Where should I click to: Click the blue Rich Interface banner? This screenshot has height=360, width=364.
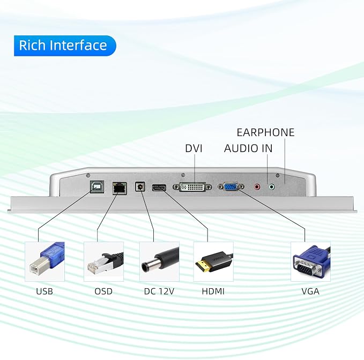pyautogui.click(x=65, y=46)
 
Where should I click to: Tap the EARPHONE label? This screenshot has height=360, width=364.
pyautogui.click(x=265, y=132)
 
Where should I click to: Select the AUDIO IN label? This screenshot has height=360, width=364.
pyautogui.click(x=248, y=148)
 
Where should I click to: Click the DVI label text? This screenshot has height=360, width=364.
pyautogui.click(x=194, y=148)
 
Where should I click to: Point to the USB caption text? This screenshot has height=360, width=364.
pyautogui.click(x=44, y=291)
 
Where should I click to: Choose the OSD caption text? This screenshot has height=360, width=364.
pyautogui.click(x=103, y=291)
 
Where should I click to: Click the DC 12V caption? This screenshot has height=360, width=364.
pyautogui.click(x=159, y=291)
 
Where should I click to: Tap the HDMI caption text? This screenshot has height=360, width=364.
pyautogui.click(x=213, y=291)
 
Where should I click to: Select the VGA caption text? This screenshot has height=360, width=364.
pyautogui.click(x=310, y=291)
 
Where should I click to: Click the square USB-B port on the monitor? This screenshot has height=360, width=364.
pyautogui.click(x=97, y=187)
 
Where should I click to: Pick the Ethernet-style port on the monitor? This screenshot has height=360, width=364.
pyautogui.click(x=120, y=188)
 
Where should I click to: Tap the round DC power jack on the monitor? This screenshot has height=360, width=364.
pyautogui.click(x=140, y=187)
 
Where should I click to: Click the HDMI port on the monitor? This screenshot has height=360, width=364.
pyautogui.click(x=159, y=187)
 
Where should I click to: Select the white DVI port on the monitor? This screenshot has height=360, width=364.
pyautogui.click(x=192, y=187)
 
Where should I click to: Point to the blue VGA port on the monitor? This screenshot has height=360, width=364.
pyautogui.click(x=231, y=186)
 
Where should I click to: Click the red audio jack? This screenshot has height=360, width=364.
pyautogui.click(x=257, y=187)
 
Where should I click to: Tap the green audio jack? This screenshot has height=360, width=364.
pyautogui.click(x=271, y=187)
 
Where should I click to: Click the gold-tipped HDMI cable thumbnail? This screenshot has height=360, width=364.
pyautogui.click(x=213, y=261)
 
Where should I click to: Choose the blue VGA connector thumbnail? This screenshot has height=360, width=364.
pyautogui.click(x=310, y=261)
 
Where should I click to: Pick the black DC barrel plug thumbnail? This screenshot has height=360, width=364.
pyautogui.click(x=159, y=261)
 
